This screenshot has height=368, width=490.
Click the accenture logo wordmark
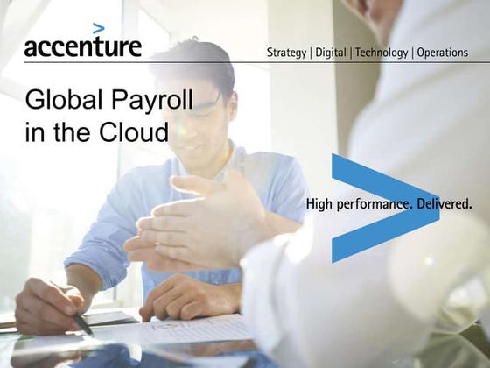tap(82, 46)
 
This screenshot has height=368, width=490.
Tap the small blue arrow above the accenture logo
tap(99, 28)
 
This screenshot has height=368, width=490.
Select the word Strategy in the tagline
tap(286, 53)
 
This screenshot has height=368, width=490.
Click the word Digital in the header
tap(329, 53)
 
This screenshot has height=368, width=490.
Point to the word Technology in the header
tap(380, 53)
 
